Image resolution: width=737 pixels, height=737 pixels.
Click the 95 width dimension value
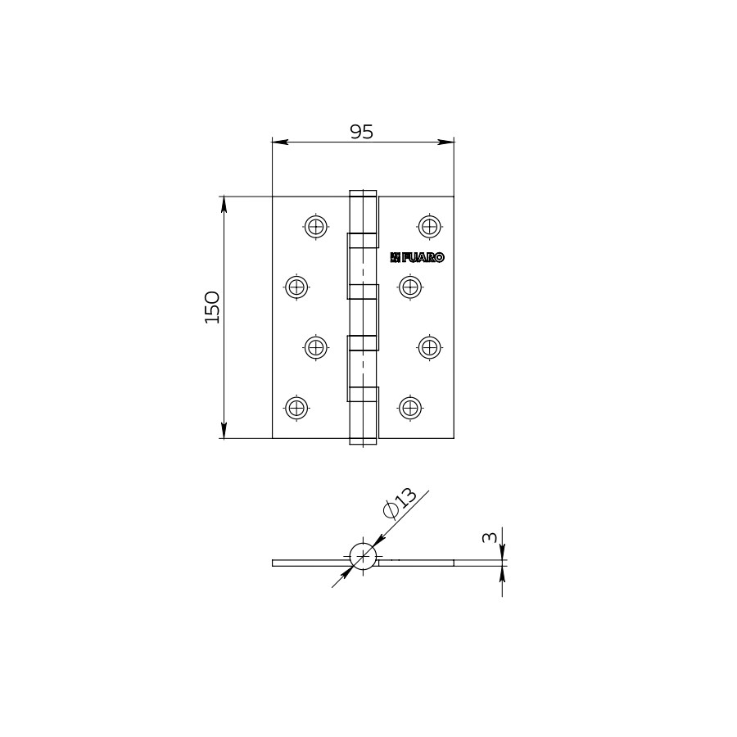click(361, 132)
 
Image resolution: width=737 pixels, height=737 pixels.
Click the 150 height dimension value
click(212, 306)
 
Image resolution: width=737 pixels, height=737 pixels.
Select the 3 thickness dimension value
click(489, 537)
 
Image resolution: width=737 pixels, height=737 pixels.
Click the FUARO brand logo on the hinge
click(418, 257)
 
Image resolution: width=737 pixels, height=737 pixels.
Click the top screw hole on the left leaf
click(316, 226)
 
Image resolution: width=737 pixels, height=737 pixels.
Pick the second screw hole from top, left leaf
click(296, 287)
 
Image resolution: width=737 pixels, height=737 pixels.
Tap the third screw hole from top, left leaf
click(316, 346)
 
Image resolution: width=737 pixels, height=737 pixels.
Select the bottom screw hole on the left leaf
click(296, 407)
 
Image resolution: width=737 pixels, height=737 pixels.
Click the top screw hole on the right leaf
click(429, 226)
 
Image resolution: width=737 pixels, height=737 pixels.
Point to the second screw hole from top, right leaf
click(409, 287)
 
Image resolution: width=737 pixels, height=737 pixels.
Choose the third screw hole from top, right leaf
click(429, 346)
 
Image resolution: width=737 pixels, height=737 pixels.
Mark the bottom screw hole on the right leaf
click(409, 407)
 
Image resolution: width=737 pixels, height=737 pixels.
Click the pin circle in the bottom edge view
click(363, 557)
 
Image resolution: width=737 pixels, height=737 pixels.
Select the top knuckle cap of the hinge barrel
click(364, 195)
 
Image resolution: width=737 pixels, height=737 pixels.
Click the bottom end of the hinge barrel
click(364, 441)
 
